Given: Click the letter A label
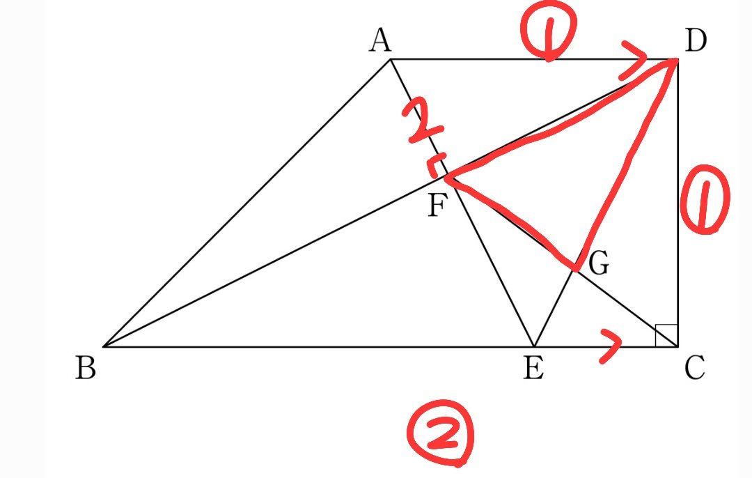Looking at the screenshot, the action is click(380, 40).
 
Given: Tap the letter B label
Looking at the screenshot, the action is click(86, 368).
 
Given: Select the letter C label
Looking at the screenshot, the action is click(694, 368).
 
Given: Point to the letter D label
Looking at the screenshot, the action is click(696, 40).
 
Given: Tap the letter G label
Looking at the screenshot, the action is click(599, 263).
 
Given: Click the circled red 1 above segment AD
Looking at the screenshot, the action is click(548, 35).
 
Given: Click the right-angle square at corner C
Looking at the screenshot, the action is click(666, 335).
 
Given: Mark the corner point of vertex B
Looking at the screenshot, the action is click(104, 346).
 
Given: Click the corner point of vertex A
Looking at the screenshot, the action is click(391, 59).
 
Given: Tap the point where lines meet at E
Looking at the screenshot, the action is click(534, 346).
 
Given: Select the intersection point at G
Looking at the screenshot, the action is click(574, 270).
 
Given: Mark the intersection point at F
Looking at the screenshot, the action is click(446, 176).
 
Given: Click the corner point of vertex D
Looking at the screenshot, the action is click(677, 59).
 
